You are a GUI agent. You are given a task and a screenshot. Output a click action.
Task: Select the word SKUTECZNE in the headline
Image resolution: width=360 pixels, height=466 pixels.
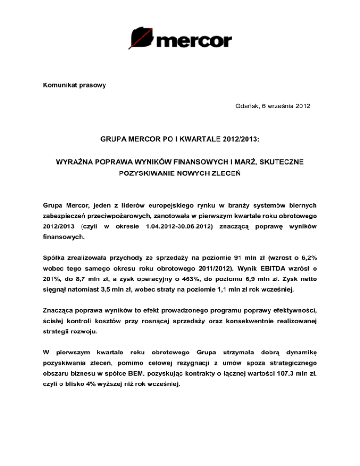point(285,162)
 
